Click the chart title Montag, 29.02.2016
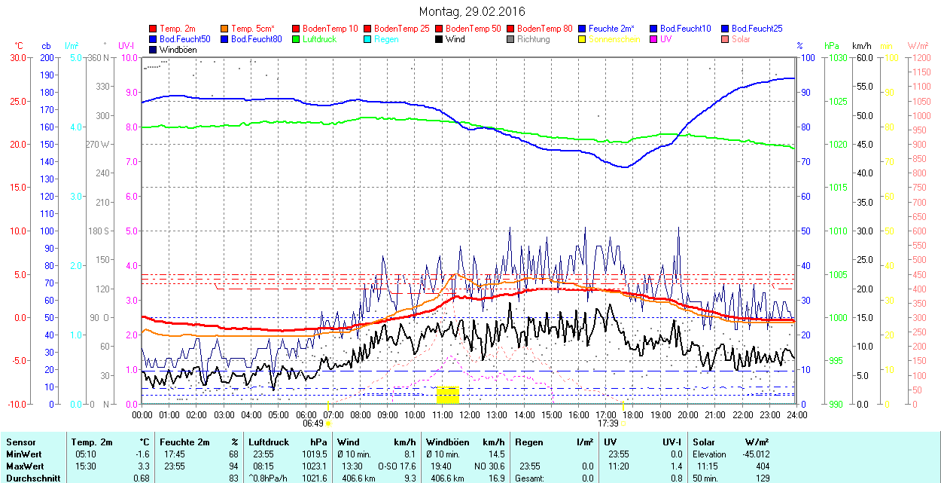(x=472, y=11)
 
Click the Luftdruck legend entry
(x=319, y=39)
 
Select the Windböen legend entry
(x=178, y=50)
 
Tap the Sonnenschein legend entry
(x=614, y=39)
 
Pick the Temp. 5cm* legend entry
(x=253, y=29)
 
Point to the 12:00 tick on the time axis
(x=470, y=414)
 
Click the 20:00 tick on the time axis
(x=688, y=414)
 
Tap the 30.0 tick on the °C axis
(x=17, y=57)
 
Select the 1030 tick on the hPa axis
(x=836, y=57)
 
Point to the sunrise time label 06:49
(x=313, y=423)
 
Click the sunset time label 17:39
(x=608, y=423)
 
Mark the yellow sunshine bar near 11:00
(x=447, y=394)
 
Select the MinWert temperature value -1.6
(x=143, y=454)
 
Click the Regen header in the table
(x=528, y=442)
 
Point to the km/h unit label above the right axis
(x=862, y=46)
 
